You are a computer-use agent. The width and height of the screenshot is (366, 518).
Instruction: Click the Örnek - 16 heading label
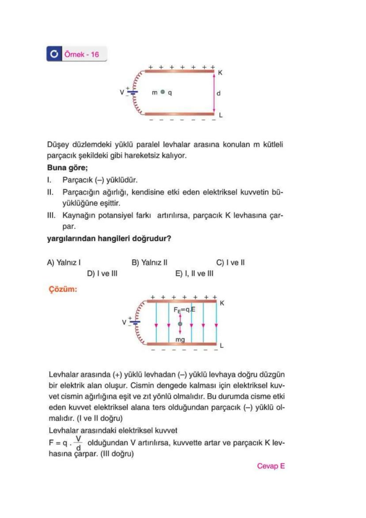(82, 55)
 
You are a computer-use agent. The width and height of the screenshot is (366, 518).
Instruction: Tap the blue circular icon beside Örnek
(54, 55)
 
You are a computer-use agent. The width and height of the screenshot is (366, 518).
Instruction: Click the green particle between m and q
(163, 92)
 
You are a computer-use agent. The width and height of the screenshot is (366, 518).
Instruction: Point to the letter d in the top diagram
(219, 93)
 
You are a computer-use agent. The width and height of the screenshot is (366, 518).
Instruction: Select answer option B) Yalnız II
(149, 263)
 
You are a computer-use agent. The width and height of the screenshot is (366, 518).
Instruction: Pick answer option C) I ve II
(231, 263)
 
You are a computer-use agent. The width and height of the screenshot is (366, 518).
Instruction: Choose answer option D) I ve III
(102, 273)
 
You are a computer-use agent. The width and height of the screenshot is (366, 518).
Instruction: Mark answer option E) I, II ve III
(194, 273)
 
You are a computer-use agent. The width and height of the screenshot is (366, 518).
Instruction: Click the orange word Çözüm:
(62, 290)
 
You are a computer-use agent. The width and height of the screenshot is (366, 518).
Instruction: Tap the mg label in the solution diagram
(180, 340)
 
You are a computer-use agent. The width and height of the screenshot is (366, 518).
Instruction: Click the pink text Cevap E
(271, 466)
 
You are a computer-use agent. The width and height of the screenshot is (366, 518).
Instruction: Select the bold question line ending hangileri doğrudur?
(109, 239)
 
